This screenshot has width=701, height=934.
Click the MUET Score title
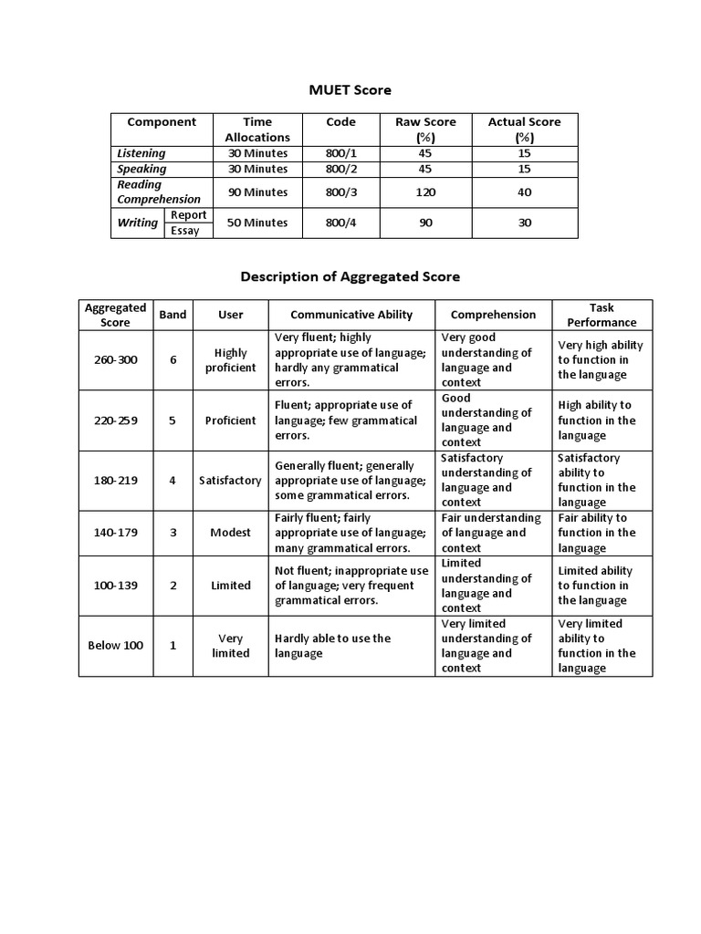(x=350, y=89)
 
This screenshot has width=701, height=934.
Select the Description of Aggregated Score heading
(x=350, y=275)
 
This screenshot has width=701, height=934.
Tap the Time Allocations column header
(x=257, y=130)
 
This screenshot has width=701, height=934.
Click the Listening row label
(x=141, y=153)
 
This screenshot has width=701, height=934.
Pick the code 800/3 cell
(x=340, y=192)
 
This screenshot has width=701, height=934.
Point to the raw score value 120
(x=425, y=192)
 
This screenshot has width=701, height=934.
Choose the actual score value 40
(x=525, y=192)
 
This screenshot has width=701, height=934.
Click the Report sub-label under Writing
(x=189, y=215)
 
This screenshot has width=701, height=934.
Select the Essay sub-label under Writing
(x=185, y=231)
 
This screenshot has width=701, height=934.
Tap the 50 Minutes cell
(x=257, y=223)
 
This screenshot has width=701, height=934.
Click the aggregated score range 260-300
(x=116, y=359)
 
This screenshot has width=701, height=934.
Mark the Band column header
(x=173, y=315)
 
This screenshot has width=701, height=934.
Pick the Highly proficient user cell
(x=231, y=359)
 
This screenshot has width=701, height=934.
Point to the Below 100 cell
(x=116, y=646)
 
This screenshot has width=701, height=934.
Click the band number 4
(x=173, y=480)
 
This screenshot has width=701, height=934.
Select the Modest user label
(x=231, y=533)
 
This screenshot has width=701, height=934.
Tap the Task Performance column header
(x=602, y=315)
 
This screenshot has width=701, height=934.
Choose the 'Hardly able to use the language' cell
(x=332, y=646)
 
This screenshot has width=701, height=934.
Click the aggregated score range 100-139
(x=116, y=586)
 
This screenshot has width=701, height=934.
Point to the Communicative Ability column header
(x=351, y=315)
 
